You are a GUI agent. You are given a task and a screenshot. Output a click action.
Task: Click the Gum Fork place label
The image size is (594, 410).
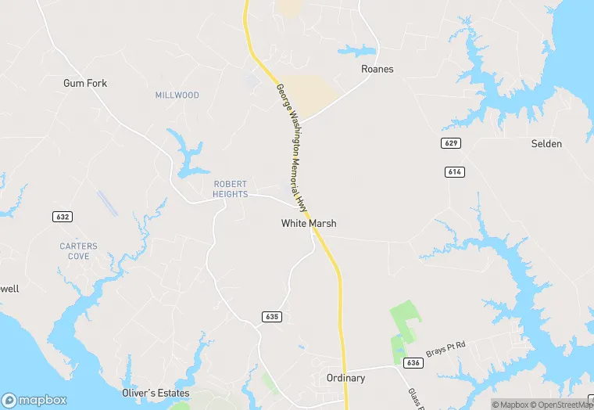85,83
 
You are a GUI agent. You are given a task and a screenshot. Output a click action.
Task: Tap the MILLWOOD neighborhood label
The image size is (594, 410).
177,95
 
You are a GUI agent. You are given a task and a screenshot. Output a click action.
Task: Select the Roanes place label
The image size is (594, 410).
378,69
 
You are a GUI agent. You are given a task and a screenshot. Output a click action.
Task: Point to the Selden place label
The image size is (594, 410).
546,144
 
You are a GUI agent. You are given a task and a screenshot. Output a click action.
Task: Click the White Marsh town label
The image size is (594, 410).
309,224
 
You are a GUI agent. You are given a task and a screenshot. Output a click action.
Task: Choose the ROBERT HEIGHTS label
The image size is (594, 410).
231,189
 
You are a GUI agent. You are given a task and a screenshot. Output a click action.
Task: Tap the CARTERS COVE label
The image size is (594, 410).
79,251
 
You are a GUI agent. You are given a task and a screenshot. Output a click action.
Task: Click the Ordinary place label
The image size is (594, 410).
345,378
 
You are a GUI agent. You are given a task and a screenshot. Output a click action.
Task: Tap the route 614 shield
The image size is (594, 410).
455,171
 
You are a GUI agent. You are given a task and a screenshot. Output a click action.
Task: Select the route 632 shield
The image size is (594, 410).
63,216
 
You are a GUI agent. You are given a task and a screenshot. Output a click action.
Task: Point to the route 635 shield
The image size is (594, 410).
271,317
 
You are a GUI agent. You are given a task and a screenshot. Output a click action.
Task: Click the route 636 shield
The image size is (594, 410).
414,363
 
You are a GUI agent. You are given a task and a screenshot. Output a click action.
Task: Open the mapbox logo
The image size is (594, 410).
34,400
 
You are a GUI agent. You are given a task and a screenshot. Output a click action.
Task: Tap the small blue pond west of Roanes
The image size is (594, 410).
356,51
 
